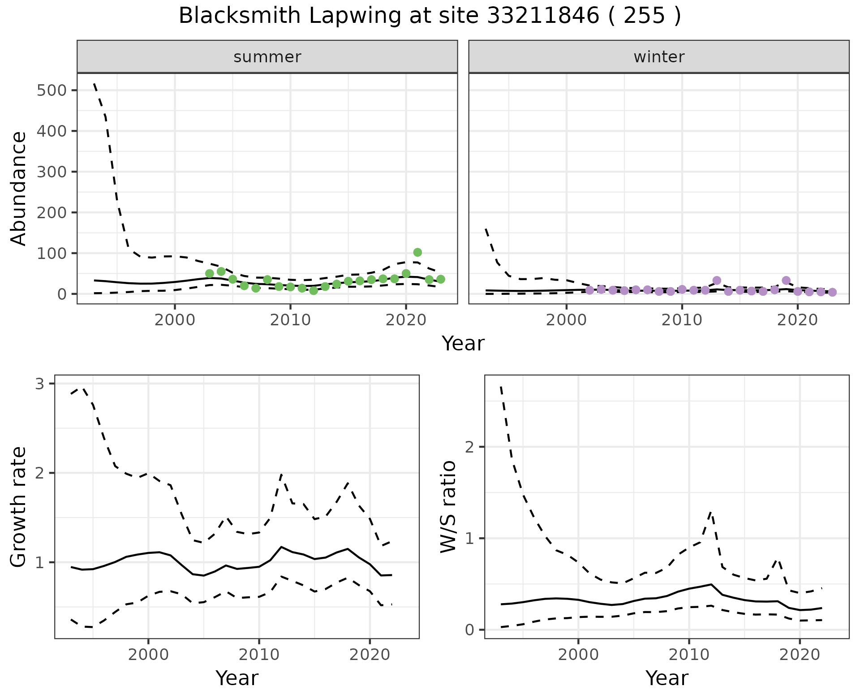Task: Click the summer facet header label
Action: [x=267, y=57]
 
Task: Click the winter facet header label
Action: [x=659, y=57]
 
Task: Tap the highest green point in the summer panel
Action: [x=417, y=252]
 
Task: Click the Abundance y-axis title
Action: [x=19, y=188]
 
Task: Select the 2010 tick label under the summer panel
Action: [x=290, y=320]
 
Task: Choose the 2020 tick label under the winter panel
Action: [x=797, y=320]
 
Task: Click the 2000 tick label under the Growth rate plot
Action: [x=148, y=655]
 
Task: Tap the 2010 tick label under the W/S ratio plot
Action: [x=689, y=655]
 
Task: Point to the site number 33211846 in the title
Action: [x=543, y=16]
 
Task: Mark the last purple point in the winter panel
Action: [x=832, y=292]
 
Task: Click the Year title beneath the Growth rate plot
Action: [x=237, y=678]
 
